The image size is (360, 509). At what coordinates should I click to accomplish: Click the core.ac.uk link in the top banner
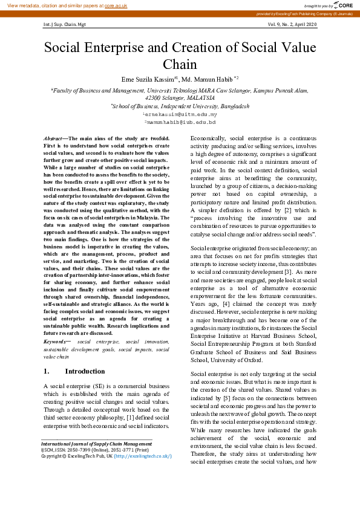pos(115,5)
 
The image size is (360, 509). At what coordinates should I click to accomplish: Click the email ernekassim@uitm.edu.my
pos(180,114)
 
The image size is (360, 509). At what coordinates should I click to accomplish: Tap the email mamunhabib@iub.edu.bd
pos(180,122)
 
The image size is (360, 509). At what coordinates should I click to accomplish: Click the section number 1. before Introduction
pos(48,371)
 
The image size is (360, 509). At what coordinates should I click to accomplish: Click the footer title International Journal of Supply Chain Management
pos(96,444)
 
